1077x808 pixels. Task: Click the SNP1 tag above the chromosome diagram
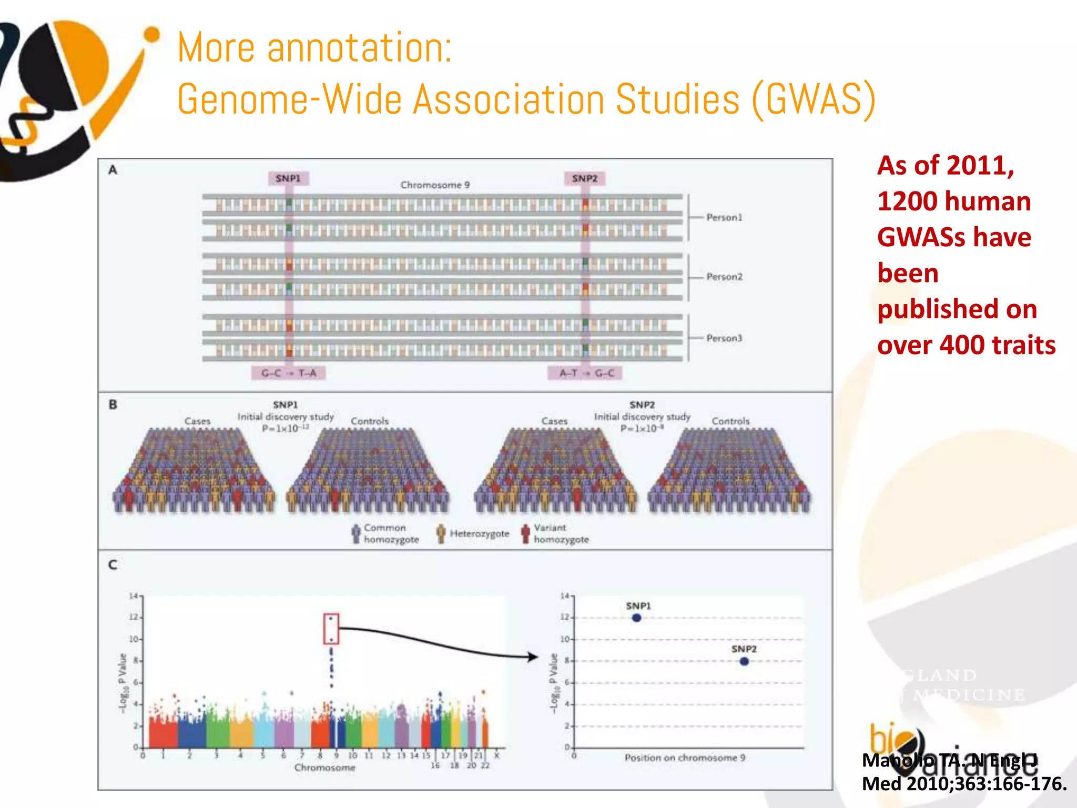pyautogui.click(x=288, y=178)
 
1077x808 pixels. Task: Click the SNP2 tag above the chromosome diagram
pyautogui.click(x=585, y=178)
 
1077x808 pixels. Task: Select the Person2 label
pyautogui.click(x=724, y=277)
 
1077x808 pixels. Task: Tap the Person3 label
pyautogui.click(x=724, y=338)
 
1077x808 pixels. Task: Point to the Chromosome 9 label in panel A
pyautogui.click(x=435, y=185)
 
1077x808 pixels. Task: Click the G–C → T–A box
pyautogui.click(x=289, y=373)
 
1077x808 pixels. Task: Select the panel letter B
pyautogui.click(x=113, y=405)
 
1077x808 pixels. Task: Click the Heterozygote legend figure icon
pyautogui.click(x=441, y=533)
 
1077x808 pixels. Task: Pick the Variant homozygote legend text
pyautogui.click(x=561, y=533)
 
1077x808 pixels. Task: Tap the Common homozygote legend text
pyautogui.click(x=391, y=533)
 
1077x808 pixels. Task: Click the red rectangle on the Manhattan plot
pyautogui.click(x=331, y=629)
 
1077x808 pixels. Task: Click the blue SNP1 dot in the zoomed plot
pyautogui.click(x=636, y=618)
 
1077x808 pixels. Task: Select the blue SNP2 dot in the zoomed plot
pyautogui.click(x=744, y=661)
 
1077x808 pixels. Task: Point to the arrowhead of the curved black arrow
pyautogui.click(x=533, y=656)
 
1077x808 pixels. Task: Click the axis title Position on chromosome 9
pyautogui.click(x=685, y=757)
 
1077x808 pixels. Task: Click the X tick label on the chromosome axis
pyautogui.click(x=496, y=755)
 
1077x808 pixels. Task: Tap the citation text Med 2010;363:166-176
pyautogui.click(x=964, y=784)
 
